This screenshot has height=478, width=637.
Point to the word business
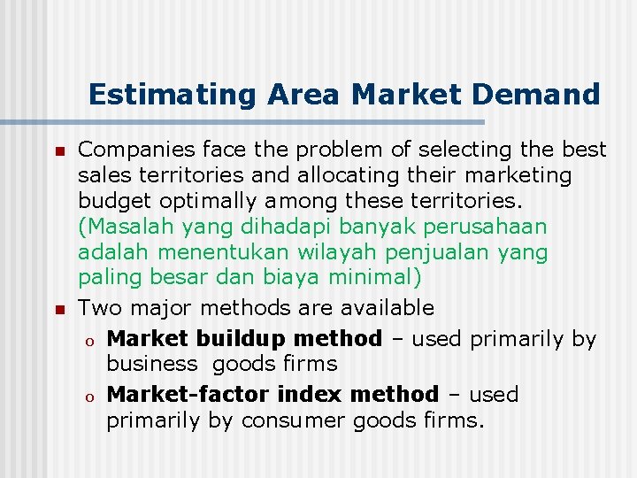151,363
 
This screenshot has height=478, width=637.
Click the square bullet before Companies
59,151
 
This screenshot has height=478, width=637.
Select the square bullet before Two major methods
59,310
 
